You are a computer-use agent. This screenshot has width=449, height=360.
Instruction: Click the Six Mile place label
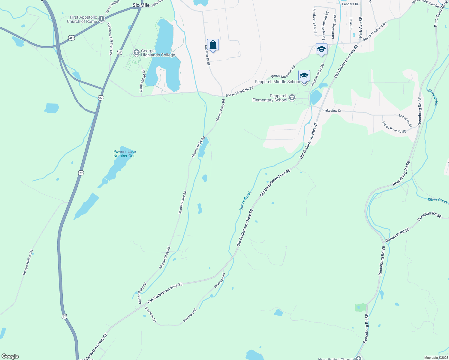coord(141,5)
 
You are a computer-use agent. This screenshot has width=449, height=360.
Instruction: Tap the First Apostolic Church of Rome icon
coord(101,19)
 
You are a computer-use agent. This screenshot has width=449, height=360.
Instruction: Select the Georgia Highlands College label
coord(158,53)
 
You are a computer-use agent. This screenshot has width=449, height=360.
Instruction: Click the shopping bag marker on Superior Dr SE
coord(213,45)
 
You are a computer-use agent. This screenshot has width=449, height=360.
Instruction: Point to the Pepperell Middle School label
coord(277,82)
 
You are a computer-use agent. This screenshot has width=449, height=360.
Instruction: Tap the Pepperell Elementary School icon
coord(292,97)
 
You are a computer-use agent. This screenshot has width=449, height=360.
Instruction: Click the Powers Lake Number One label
coord(125,154)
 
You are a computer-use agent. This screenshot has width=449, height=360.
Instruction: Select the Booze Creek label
coord(245,200)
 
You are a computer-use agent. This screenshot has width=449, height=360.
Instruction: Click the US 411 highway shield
coord(71,38)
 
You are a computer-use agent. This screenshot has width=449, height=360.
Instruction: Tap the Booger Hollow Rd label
coord(28,262)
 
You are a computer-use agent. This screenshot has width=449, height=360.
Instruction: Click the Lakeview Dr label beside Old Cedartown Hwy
coord(332,110)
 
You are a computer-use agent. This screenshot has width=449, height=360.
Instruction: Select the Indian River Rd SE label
coord(394,127)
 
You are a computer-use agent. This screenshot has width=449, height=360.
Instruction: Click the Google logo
coord(10,356)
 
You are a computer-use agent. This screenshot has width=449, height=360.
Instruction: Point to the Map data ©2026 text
coord(436,358)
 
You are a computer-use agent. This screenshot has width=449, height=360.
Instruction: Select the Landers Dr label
coord(350,4)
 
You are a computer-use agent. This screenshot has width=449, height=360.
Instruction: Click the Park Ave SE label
coord(360,27)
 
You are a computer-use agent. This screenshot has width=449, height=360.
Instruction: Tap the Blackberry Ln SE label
coord(314,21)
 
